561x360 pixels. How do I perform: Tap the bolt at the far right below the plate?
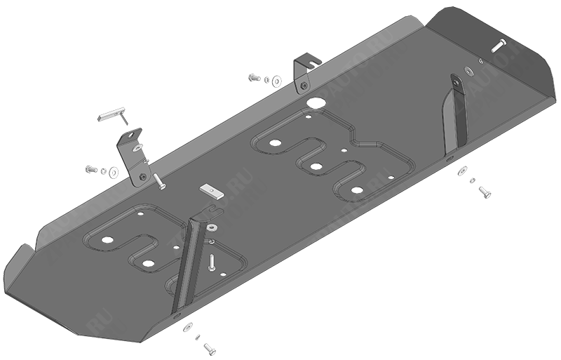tap(484, 192)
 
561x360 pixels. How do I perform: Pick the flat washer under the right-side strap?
tap(463, 171)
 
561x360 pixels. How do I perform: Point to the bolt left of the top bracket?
tap(254, 77)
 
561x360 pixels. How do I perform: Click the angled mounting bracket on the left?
tap(135, 155)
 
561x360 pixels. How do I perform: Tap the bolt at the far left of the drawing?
tap(90, 169)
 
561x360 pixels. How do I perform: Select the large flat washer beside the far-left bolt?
tap(114, 172)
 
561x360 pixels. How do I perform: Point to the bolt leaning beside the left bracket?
tap(158, 182)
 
